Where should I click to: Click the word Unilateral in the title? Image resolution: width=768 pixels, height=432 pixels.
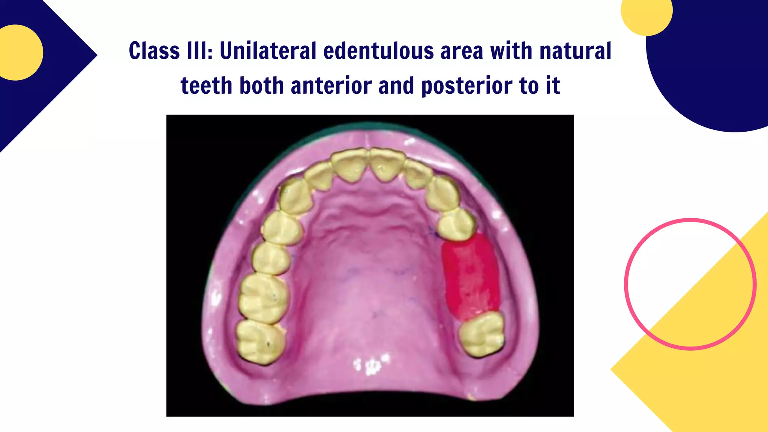pyautogui.click(x=268, y=51)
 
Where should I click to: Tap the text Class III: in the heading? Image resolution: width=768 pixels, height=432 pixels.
pyautogui.click(x=171, y=51)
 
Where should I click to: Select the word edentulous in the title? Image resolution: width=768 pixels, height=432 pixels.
pyautogui.click(x=378, y=51)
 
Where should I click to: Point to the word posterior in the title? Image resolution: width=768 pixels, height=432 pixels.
pyautogui.click(x=467, y=86)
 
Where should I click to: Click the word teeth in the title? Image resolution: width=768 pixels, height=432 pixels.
pyautogui.click(x=207, y=86)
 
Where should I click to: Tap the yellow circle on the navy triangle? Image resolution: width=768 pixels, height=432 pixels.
pyautogui.click(x=17, y=52)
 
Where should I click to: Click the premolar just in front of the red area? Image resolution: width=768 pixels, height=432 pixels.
pyautogui.click(x=456, y=224)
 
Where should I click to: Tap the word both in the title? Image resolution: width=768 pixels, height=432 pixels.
pyautogui.click(x=262, y=86)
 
